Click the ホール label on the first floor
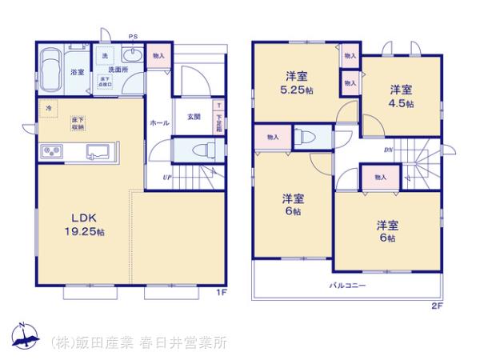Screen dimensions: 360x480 point(158,123)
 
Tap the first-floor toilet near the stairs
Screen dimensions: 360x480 point(200,150)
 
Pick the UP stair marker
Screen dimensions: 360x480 point(166,177)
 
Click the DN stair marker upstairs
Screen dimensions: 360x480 point(387,150)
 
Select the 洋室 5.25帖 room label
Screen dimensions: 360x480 point(296,82)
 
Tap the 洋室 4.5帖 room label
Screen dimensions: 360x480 point(402,95)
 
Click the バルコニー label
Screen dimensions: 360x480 point(346,285)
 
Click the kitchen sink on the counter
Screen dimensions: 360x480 point(98,150)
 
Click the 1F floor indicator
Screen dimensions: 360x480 point(222,293)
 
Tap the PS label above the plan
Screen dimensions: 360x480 point(133,36)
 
